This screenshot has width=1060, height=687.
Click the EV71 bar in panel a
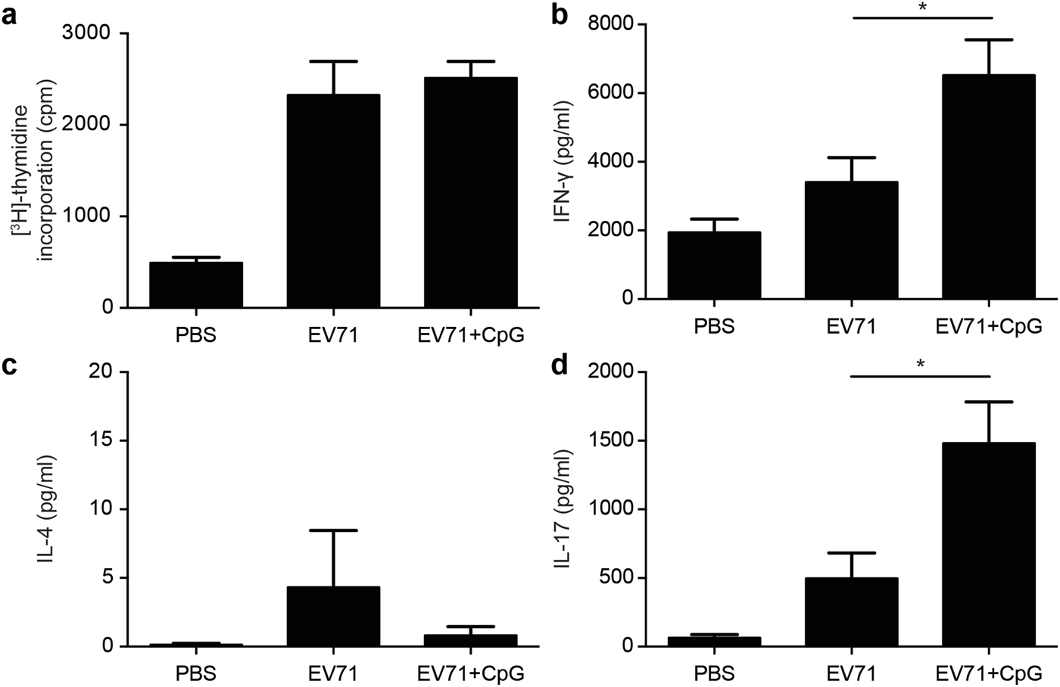coord(332,201)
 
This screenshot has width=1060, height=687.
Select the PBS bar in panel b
coord(713,266)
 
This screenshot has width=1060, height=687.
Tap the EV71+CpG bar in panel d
coord(988,545)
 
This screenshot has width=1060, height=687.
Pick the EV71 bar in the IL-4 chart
coord(332,616)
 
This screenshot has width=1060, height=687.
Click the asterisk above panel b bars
coord(921,8)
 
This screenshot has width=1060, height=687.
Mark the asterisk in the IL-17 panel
coord(921,365)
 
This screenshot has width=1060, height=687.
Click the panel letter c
coord(10,366)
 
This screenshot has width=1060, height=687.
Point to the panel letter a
coord(10,17)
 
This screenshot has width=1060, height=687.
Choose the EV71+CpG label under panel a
coord(470,334)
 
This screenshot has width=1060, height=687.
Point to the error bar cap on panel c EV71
coord(332,530)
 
